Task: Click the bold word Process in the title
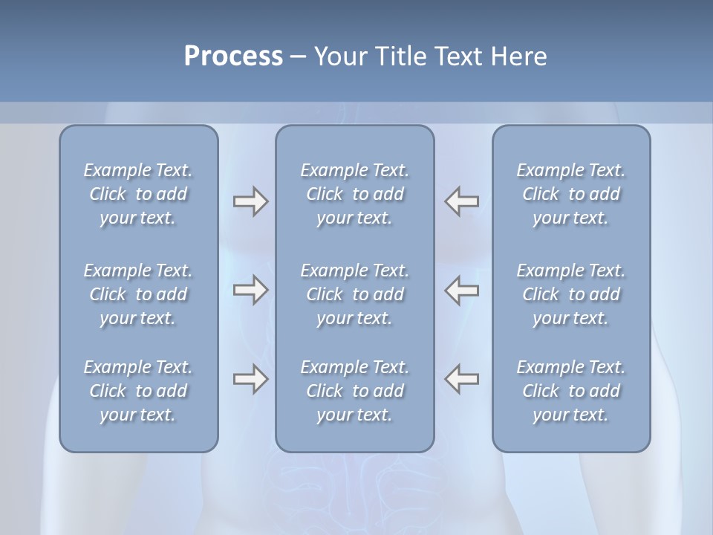233,56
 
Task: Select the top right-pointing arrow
250,201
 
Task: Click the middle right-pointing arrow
250,290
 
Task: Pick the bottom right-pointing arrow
250,379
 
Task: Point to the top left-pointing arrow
462,201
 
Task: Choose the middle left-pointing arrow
462,290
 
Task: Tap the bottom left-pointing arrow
462,379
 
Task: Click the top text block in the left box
138,194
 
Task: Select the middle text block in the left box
138,294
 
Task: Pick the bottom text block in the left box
138,391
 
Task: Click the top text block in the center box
354,194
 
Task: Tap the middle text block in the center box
354,294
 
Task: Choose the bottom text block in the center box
354,391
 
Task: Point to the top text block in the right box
570,194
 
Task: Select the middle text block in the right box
570,294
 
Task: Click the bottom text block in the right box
570,391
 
